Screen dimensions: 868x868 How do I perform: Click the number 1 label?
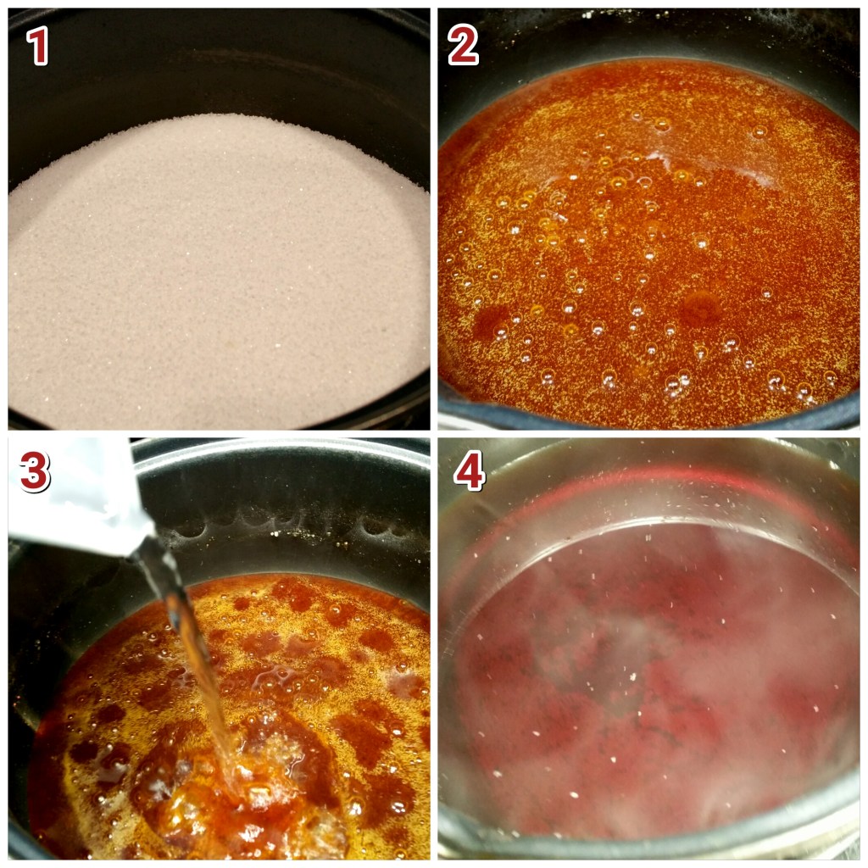click(x=37, y=46)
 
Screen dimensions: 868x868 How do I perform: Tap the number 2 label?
click(x=464, y=46)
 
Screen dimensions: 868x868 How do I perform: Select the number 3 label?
click(x=35, y=471)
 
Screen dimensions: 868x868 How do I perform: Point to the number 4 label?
click(x=470, y=470)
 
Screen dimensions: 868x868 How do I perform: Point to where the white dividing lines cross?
click(x=434, y=434)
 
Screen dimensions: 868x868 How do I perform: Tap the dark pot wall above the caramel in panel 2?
click(x=648, y=34)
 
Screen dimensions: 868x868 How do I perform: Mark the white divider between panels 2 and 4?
click(x=648, y=434)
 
